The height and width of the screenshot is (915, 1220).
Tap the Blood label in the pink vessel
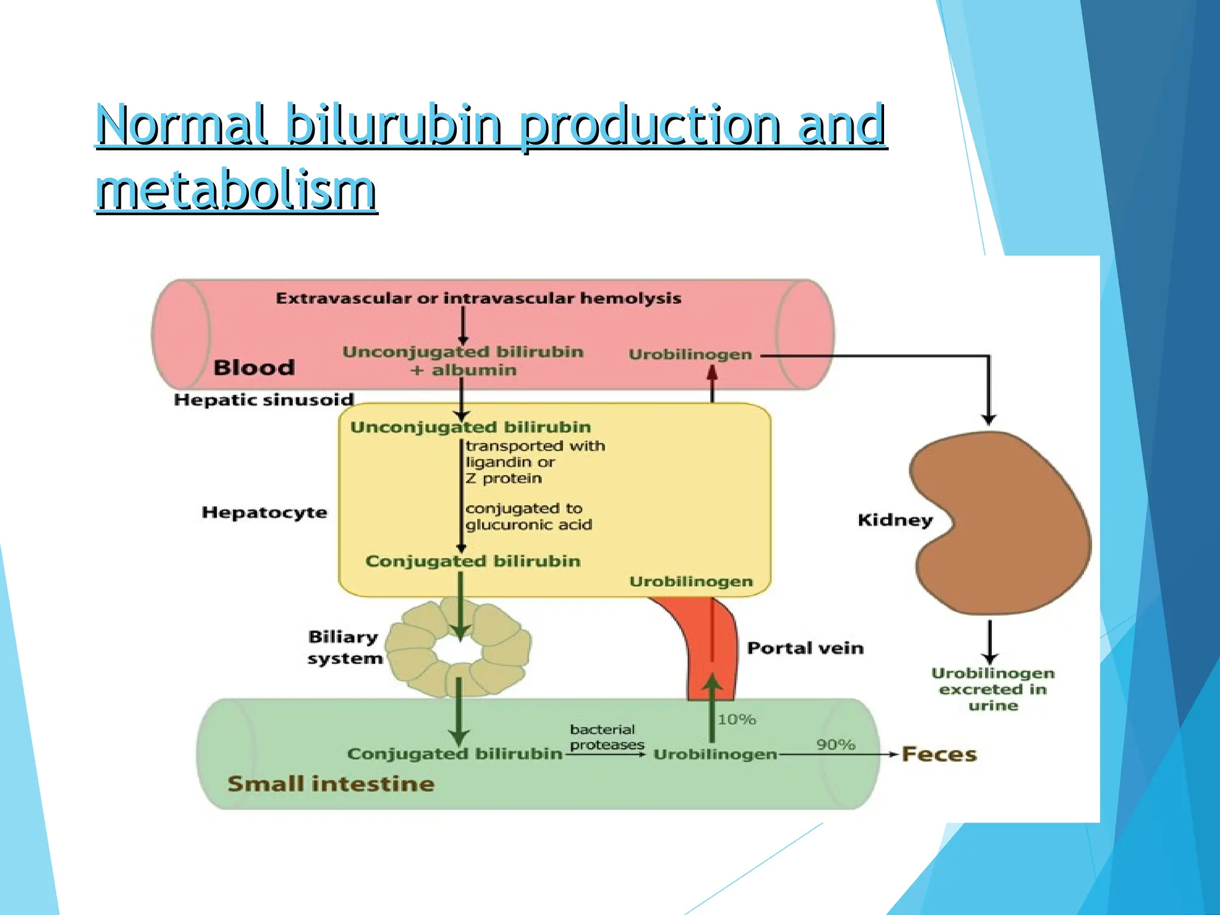pos(254,368)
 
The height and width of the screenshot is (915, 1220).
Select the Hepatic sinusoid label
pos(264,400)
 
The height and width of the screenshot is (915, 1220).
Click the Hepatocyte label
pos(264,512)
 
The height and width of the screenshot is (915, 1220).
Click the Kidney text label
pos(895,520)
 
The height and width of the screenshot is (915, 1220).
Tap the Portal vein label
pos(805,648)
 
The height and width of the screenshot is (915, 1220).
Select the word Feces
pos(939,754)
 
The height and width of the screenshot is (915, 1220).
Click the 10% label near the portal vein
pos(736,720)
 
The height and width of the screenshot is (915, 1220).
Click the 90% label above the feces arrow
pos(835,745)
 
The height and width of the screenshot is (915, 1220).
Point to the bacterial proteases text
pos(606,737)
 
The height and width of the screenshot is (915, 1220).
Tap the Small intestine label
pos(331,784)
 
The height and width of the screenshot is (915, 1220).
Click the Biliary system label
pos(344,648)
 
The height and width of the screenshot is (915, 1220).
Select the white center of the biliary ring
pos(459,651)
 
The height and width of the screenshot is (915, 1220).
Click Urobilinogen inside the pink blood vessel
pos(690,354)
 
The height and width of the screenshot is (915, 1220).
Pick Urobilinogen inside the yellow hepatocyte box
pos(691,581)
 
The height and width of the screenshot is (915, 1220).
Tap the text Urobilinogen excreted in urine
pos(992,689)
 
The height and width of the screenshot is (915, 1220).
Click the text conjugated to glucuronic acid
pos(528,516)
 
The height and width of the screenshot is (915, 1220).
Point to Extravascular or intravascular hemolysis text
pos(478,298)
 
